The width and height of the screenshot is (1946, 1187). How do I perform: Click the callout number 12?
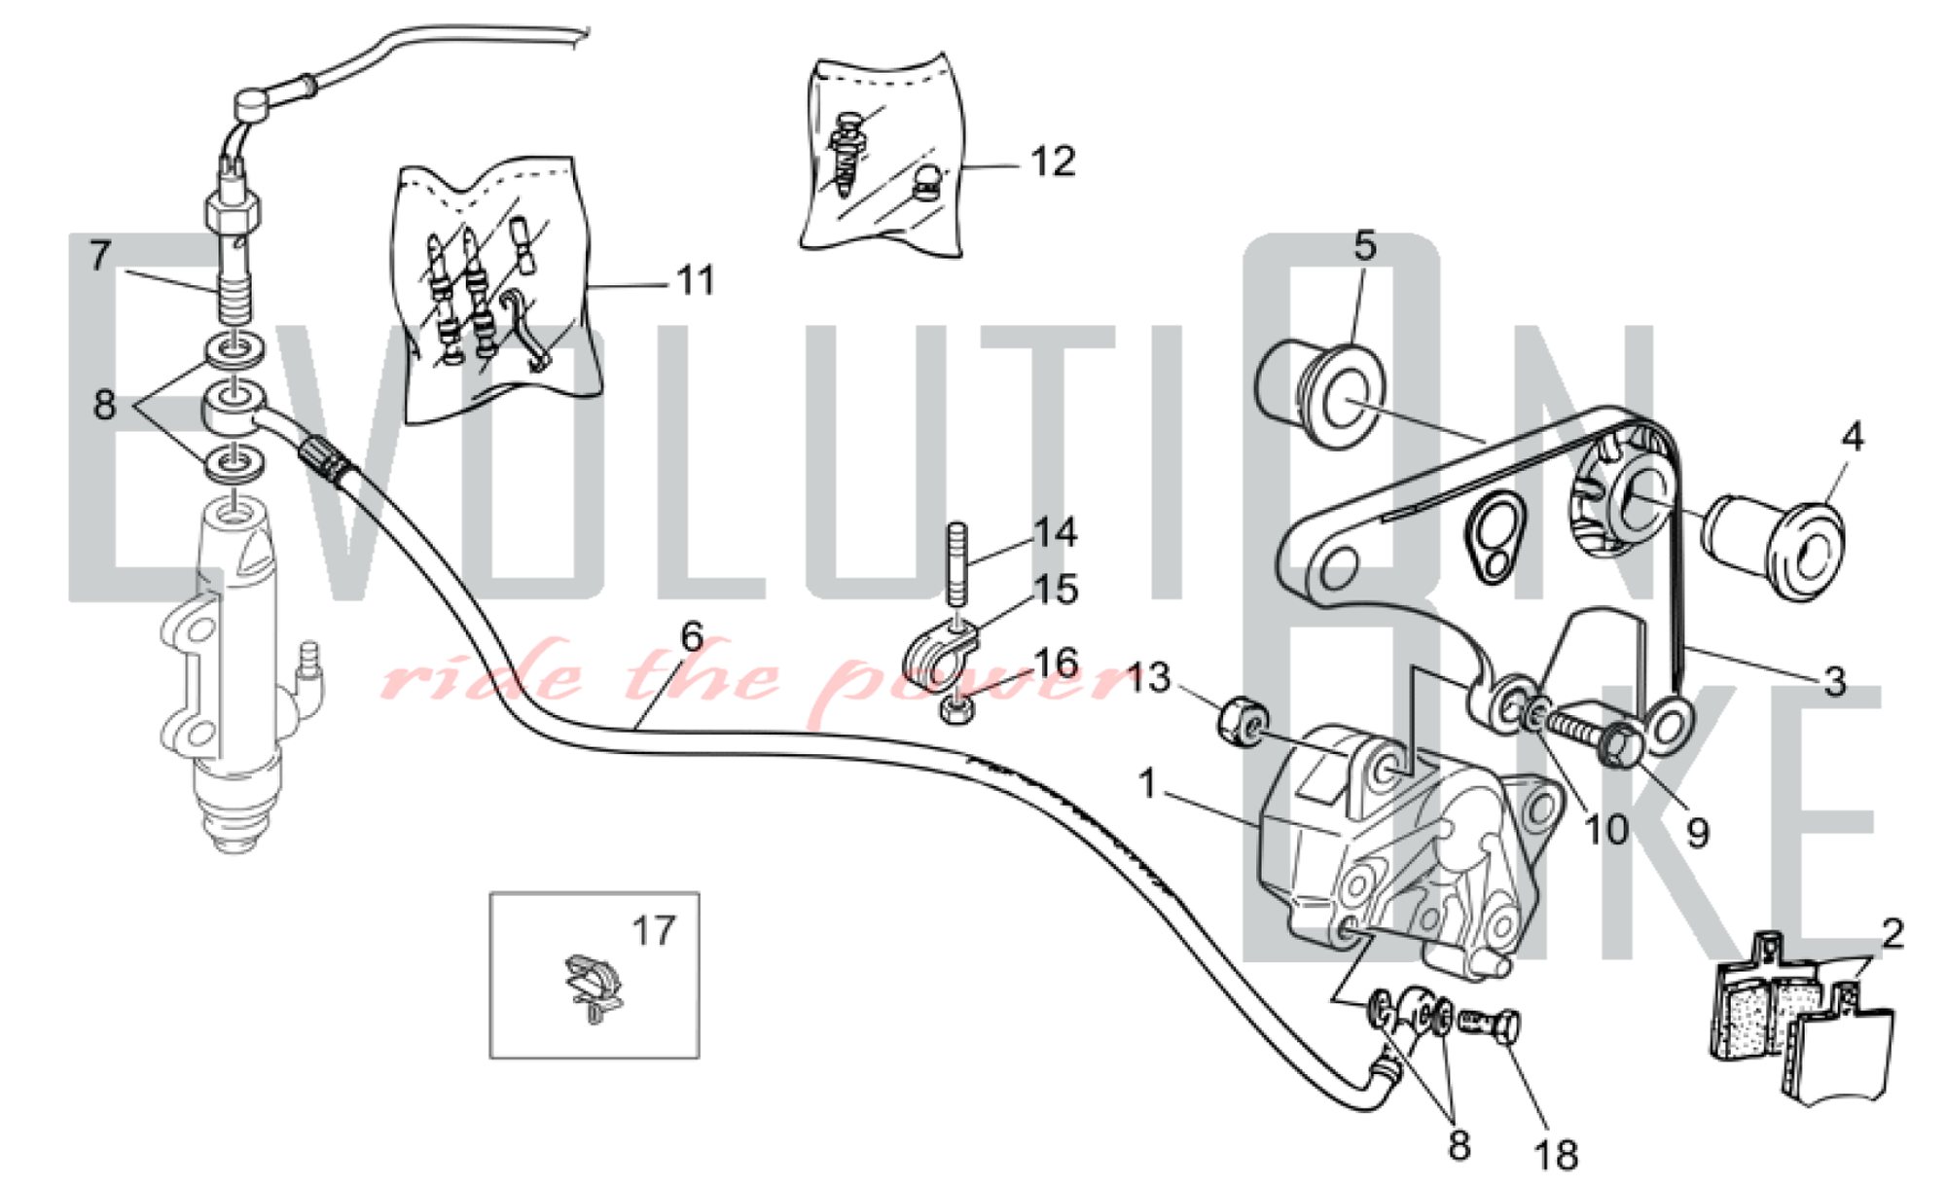(1053, 162)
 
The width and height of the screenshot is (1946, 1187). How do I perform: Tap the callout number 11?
(695, 280)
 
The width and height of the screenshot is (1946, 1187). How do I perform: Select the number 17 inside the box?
(653, 931)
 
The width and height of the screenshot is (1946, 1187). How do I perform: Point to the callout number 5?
(1365, 246)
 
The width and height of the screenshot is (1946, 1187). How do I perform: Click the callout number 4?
(1853, 437)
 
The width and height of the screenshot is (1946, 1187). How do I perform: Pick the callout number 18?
(1555, 1155)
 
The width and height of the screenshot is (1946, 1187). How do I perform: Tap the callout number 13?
(1148, 678)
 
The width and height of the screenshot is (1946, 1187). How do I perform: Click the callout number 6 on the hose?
(691, 637)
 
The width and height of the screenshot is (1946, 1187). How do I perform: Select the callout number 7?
(100, 256)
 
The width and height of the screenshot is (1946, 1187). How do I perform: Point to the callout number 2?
(1892, 933)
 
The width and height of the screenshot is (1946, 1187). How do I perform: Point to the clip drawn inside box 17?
(593, 985)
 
